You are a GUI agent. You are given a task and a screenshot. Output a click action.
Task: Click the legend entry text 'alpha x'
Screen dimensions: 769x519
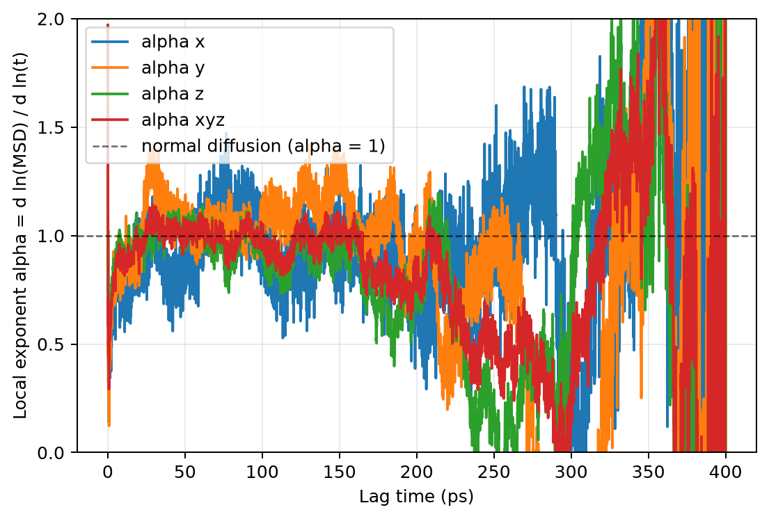(173, 42)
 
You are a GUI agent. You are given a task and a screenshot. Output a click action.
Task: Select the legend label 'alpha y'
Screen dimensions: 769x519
(173, 68)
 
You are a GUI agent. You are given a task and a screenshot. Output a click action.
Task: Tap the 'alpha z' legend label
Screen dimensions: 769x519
(172, 94)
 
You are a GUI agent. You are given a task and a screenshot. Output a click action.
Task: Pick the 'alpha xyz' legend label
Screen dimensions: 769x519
(183, 120)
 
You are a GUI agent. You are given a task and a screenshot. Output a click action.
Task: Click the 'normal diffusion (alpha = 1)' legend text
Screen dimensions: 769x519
(263, 146)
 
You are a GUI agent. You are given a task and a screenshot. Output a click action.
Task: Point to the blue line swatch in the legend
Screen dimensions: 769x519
(111, 42)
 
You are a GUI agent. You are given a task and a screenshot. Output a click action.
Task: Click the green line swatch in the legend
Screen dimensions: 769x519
(111, 94)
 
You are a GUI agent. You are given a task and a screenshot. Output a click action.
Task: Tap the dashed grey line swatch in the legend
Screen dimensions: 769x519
(111, 146)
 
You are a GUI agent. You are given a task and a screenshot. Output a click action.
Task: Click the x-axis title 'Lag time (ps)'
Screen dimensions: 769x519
(416, 497)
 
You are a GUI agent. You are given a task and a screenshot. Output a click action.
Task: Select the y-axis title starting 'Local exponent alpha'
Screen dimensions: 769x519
(20, 235)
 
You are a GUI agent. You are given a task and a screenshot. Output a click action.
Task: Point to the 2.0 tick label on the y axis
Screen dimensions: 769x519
(51, 19)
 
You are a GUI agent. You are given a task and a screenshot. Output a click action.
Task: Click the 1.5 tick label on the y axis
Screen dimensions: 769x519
(51, 127)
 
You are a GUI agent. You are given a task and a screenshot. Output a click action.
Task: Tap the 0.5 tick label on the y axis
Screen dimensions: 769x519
(51, 344)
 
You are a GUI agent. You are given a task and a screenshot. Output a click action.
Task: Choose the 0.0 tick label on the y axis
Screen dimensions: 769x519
(51, 453)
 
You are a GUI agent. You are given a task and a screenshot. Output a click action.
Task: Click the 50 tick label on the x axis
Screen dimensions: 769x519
(185, 472)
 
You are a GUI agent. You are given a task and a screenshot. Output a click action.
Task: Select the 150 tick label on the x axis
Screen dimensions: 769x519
(340, 472)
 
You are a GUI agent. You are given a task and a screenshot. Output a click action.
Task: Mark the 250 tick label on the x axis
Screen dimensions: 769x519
(494, 472)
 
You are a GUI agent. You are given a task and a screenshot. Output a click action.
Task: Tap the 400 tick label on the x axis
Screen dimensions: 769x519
(726, 472)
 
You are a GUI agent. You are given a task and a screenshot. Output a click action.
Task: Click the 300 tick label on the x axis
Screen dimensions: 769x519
(571, 472)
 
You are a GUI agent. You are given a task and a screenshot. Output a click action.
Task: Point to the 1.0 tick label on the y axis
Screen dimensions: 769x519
(51, 237)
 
